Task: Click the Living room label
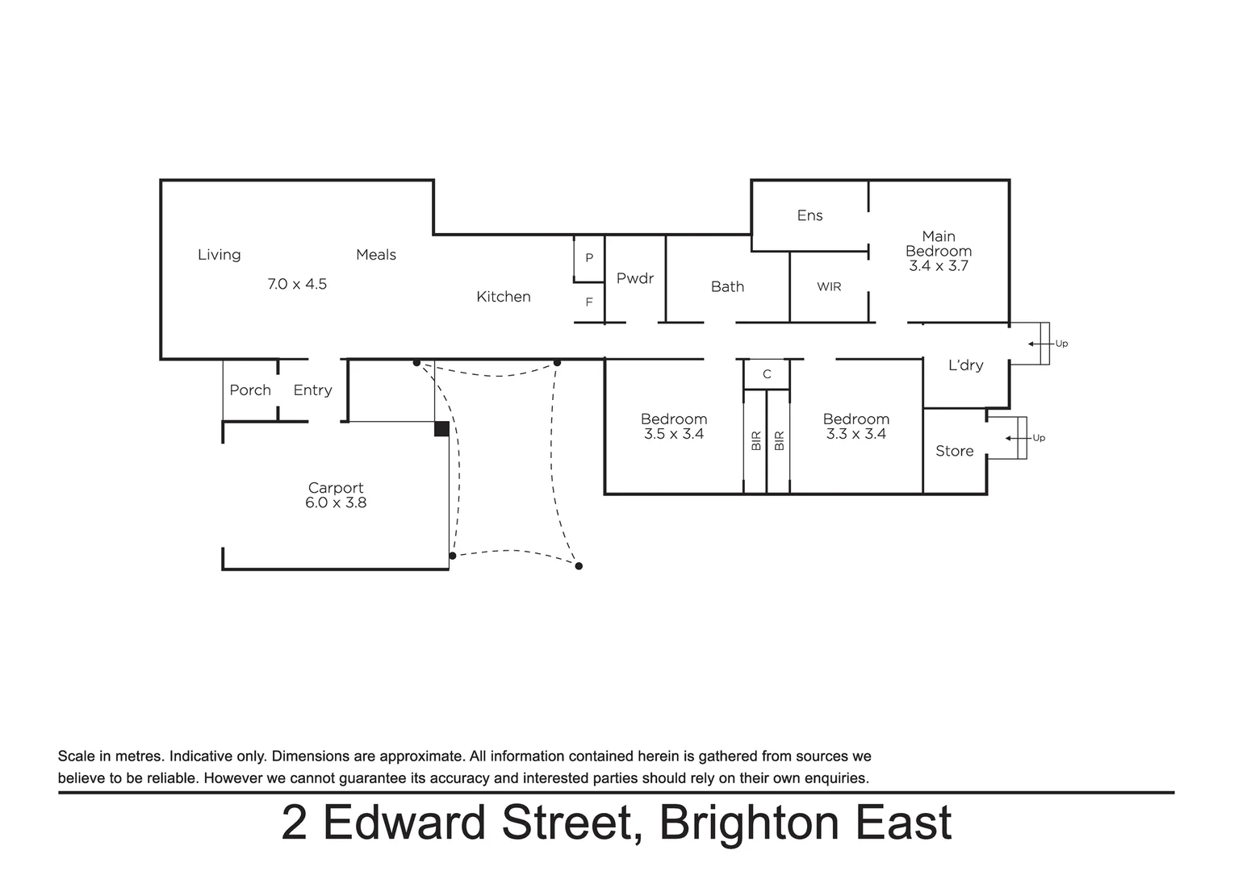point(219,255)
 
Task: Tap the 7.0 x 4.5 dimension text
point(297,284)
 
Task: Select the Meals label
point(376,255)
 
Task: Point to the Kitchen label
point(503,297)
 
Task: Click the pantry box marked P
point(589,258)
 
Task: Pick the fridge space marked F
point(589,302)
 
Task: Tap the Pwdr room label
point(634,278)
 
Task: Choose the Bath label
point(727,286)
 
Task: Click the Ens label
point(809,215)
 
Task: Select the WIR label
point(829,286)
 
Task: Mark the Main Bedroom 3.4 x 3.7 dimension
point(938,266)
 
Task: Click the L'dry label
point(965,365)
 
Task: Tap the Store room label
point(954,451)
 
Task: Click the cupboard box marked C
point(767,374)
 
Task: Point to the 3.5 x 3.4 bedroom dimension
point(674,434)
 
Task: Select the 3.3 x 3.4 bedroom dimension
point(855,434)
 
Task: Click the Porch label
point(250,390)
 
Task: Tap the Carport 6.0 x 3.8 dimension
point(336,502)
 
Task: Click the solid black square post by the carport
point(441,429)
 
